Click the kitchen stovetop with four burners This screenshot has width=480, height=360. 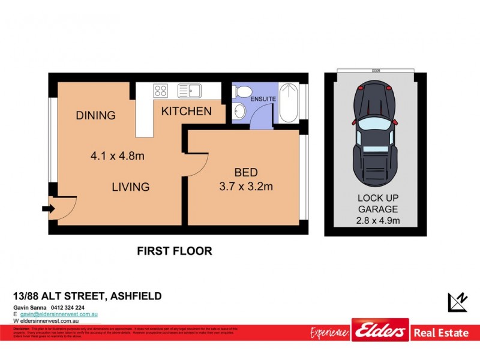click(x=160, y=91)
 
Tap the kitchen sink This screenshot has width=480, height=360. click(x=191, y=91)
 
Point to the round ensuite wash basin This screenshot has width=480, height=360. click(x=240, y=112)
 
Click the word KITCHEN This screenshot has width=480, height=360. click(x=186, y=111)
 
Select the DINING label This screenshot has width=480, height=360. click(x=95, y=115)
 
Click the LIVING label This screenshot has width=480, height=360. click(x=130, y=187)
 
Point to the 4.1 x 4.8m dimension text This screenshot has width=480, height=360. click(x=118, y=157)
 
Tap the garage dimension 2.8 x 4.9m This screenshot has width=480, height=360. click(x=378, y=221)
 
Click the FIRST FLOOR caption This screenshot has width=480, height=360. click(x=175, y=251)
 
